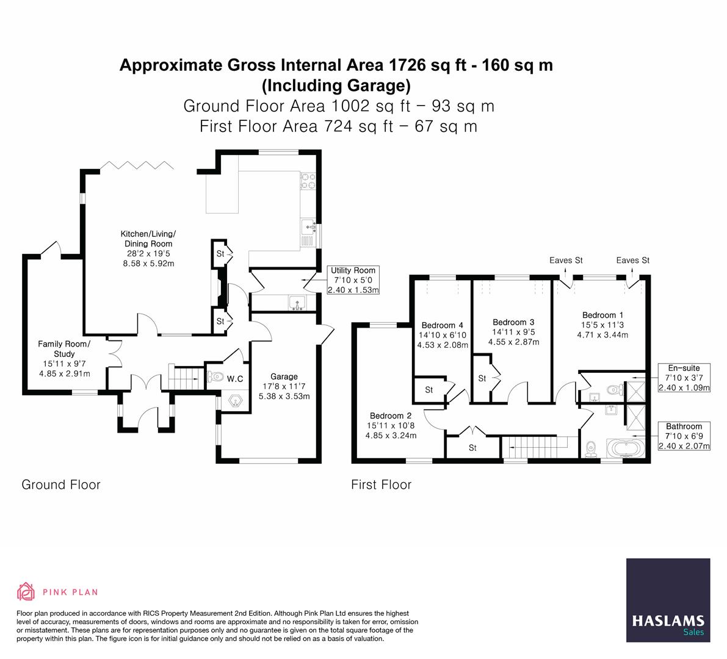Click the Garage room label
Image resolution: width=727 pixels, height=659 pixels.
(284, 376)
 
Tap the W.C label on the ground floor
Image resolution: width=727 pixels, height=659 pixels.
(235, 379)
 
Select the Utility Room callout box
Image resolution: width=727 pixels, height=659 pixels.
(353, 280)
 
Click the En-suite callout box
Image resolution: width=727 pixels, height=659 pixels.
(684, 378)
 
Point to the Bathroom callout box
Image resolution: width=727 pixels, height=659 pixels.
(684, 436)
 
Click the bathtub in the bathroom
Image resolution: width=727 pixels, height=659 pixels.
(624, 450)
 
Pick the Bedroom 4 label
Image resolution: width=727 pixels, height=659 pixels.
(443, 325)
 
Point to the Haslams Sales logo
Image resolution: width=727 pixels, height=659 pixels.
(668, 600)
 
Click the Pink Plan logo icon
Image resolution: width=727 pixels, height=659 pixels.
(26, 591)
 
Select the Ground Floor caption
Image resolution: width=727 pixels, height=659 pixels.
(61, 484)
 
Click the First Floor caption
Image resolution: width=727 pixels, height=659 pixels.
(381, 484)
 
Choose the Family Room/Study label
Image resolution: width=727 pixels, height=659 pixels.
(64, 349)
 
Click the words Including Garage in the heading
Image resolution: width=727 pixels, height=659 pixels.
(336, 84)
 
